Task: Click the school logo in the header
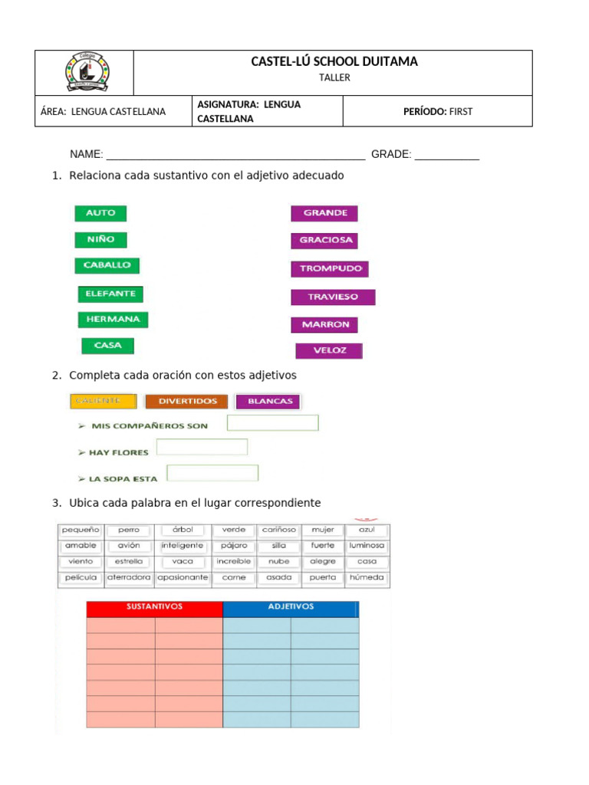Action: pyautogui.click(x=86, y=73)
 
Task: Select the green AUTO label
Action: pyautogui.click(x=100, y=213)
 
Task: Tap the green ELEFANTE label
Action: pyautogui.click(x=110, y=294)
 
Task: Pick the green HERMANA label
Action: pyautogui.click(x=113, y=319)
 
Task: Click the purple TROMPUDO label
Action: pyautogui.click(x=330, y=269)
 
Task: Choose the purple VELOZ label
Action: pyautogui.click(x=329, y=351)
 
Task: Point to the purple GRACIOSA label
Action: pyautogui.click(x=324, y=240)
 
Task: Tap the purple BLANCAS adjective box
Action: pyautogui.click(x=268, y=401)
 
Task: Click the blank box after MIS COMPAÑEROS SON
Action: pyautogui.click(x=272, y=423)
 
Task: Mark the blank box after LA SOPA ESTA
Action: pyautogui.click(x=212, y=473)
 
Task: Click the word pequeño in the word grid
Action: pyautogui.click(x=81, y=530)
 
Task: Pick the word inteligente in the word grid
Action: pyautogui.click(x=183, y=546)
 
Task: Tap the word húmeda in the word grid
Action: pyautogui.click(x=367, y=577)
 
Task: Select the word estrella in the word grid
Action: pyautogui.click(x=128, y=561)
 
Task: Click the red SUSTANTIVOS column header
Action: pyautogui.click(x=154, y=607)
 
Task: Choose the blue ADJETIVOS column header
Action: pyautogui.click(x=290, y=607)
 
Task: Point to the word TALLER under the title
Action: pyautogui.click(x=334, y=77)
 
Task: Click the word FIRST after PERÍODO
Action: pyautogui.click(x=461, y=111)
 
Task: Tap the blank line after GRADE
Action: pyautogui.click(x=446, y=155)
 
